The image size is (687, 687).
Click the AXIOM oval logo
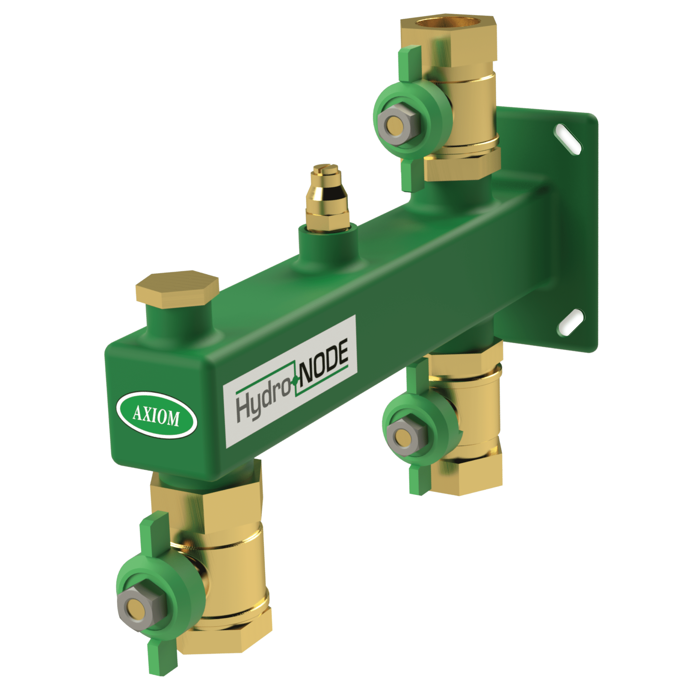click(x=156, y=415)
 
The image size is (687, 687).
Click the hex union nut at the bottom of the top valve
click(x=462, y=165)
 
